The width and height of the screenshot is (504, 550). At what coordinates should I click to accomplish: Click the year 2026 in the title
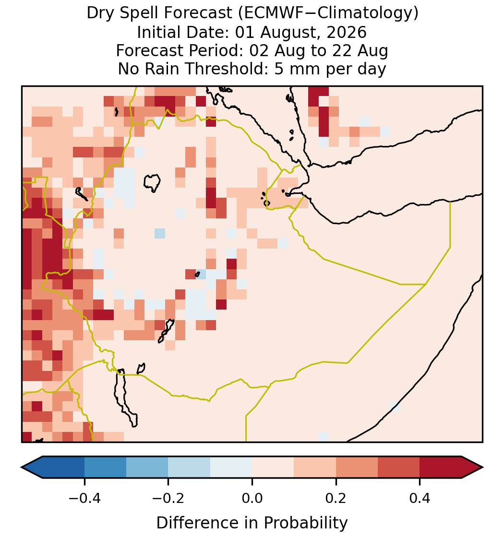point(347,32)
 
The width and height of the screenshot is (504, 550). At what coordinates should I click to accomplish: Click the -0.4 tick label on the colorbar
point(84,498)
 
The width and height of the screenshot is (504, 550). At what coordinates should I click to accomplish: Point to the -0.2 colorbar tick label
point(168,498)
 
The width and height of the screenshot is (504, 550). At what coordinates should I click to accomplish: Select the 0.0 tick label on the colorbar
point(252,498)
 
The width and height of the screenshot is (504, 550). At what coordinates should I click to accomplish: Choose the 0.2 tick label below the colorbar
point(336,498)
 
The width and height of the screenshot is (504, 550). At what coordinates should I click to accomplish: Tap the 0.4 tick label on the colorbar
point(420,498)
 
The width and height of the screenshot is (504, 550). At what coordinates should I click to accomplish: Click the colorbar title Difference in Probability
point(252,523)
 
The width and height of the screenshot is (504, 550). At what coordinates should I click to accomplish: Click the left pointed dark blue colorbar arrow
point(32,467)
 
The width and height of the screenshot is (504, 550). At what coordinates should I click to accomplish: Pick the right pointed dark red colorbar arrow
point(472,467)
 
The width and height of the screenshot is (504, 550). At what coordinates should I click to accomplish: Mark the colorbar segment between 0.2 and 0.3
point(357,467)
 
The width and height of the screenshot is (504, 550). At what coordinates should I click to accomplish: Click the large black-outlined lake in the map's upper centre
point(152,182)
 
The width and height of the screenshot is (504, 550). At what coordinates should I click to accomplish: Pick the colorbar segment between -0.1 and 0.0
point(231,467)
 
